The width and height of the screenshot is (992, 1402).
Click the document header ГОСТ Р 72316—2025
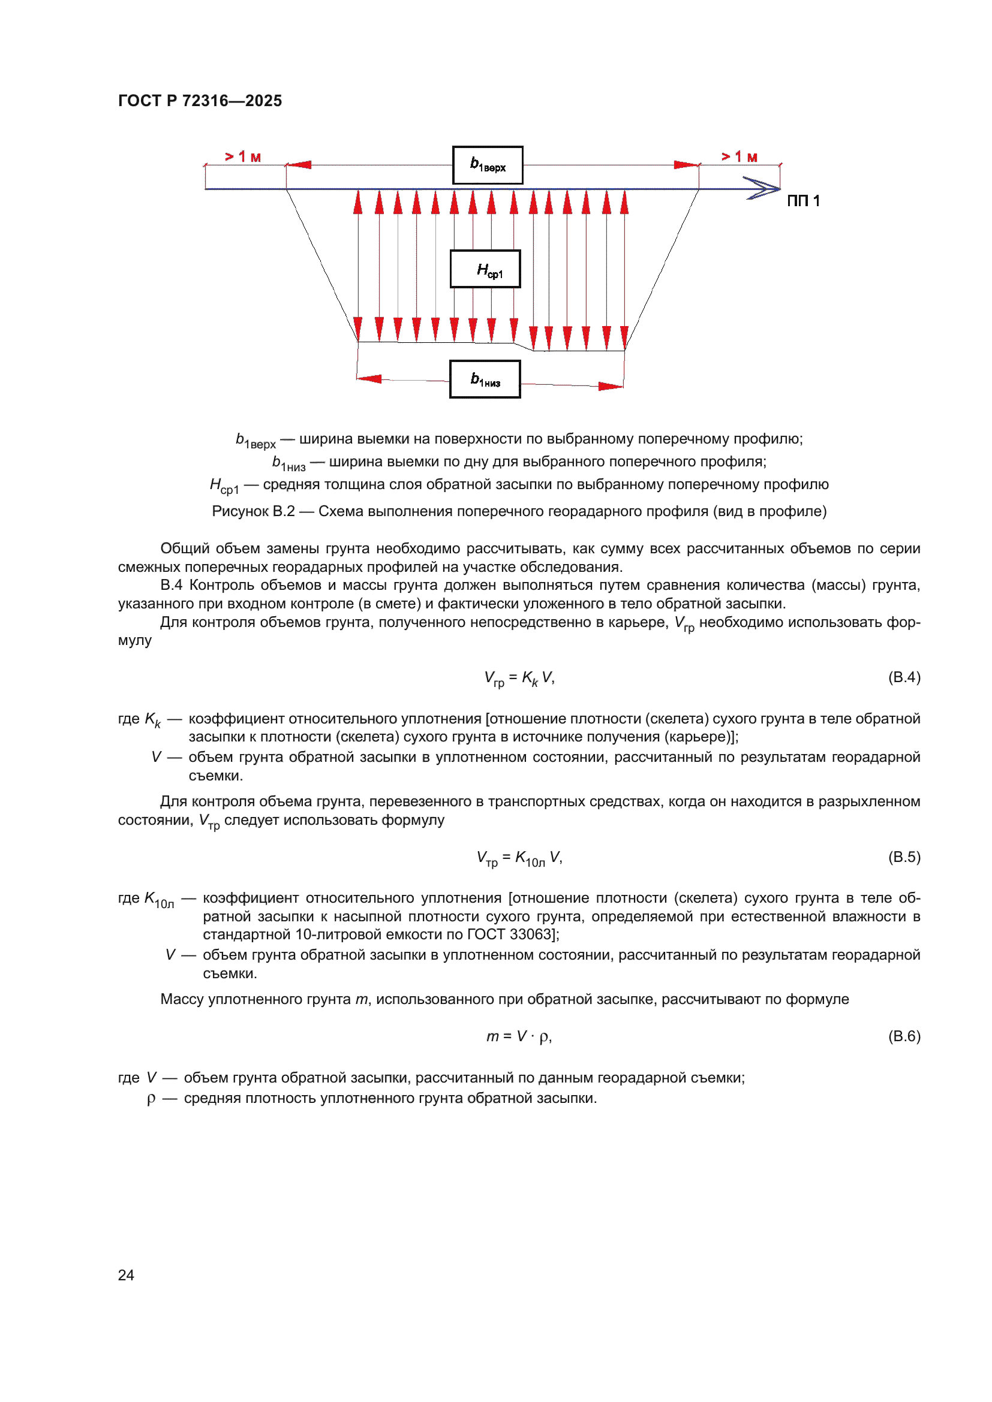[200, 101]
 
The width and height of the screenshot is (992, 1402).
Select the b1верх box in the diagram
[488, 165]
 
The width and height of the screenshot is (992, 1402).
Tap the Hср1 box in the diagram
[485, 269]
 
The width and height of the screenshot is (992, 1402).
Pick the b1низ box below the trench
[485, 379]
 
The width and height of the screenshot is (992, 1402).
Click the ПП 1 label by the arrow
[802, 201]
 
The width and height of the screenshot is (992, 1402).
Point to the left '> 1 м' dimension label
[242, 157]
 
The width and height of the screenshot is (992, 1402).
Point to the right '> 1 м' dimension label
[739, 157]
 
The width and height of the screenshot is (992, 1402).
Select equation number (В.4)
[904, 677]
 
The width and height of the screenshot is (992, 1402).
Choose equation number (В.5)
[904, 857]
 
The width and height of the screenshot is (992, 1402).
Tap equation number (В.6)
[904, 1036]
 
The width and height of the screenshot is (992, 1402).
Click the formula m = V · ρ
[519, 1036]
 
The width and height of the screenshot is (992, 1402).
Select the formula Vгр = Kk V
[519, 678]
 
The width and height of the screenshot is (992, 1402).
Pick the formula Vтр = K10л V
[519, 858]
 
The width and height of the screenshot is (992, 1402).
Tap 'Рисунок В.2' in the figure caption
[253, 511]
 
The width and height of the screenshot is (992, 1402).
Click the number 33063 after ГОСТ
[532, 934]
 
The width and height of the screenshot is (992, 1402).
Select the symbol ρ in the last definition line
[151, 1099]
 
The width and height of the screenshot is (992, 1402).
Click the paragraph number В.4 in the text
[171, 585]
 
